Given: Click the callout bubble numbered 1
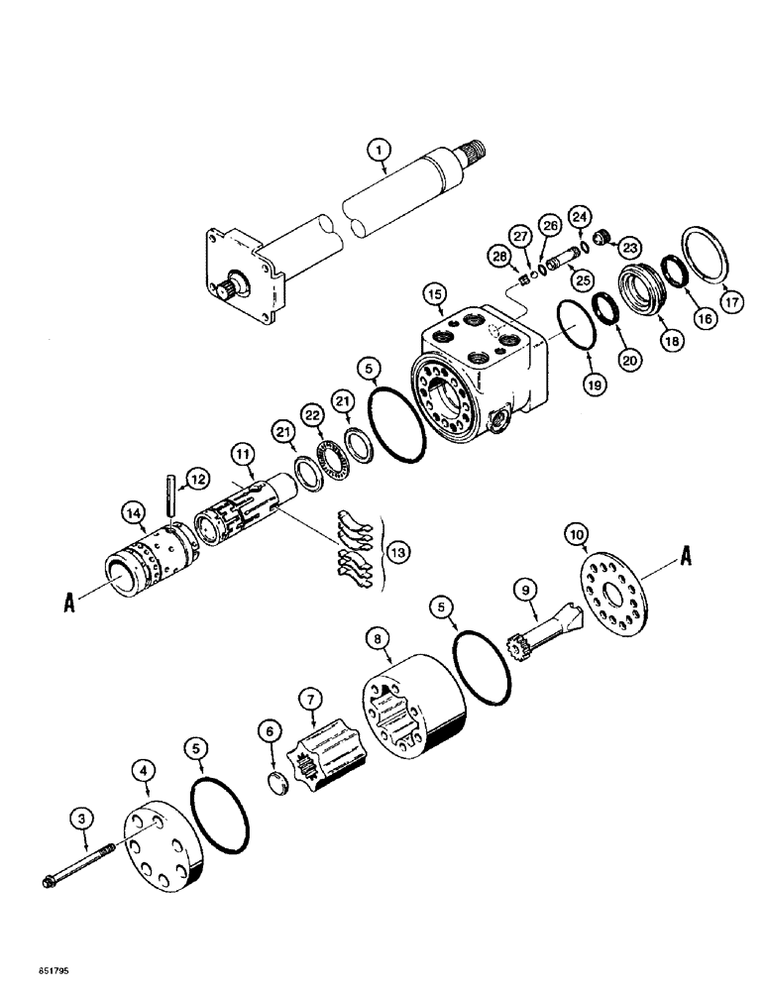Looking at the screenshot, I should (376, 152).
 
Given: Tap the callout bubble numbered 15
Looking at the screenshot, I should (433, 294).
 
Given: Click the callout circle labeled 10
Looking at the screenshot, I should (574, 535).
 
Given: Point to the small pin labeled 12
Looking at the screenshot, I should (170, 494).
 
